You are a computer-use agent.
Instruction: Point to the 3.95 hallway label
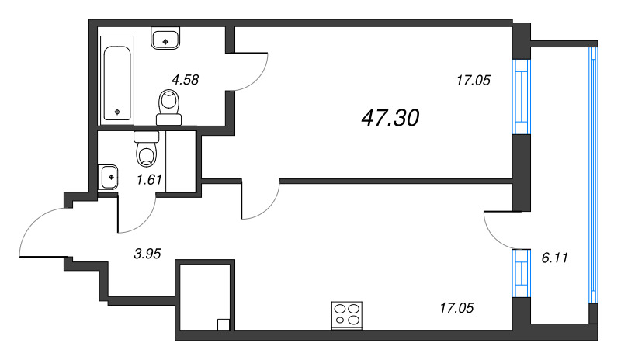[x=147, y=252]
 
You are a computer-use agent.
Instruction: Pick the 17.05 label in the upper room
[x=473, y=78]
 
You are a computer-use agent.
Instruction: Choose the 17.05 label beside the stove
[x=455, y=307]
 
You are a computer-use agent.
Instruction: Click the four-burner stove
[x=346, y=315]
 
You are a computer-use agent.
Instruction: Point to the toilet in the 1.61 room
[x=146, y=149]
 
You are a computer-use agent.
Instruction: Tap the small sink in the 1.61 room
[x=109, y=177]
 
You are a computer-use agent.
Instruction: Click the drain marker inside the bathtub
[x=117, y=111]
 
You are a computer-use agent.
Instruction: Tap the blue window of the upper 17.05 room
[x=519, y=98]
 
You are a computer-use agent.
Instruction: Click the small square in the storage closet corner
[x=223, y=325]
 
